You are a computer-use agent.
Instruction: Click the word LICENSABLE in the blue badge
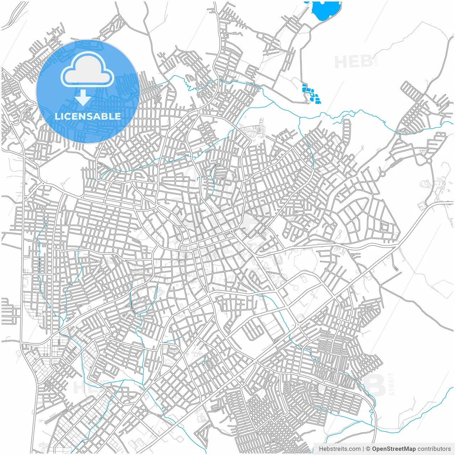click(x=88, y=116)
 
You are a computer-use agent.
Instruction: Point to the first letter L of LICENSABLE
click(x=57, y=116)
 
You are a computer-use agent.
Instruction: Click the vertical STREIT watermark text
click(x=392, y=384)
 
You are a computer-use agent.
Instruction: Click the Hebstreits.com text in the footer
click(x=340, y=449)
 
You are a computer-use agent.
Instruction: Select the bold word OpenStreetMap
click(x=394, y=449)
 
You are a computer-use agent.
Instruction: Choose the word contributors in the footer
click(x=434, y=449)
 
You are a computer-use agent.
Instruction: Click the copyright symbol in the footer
click(x=368, y=449)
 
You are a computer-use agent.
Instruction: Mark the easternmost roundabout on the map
click(x=429, y=161)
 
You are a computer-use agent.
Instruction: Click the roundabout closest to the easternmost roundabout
click(x=383, y=174)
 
